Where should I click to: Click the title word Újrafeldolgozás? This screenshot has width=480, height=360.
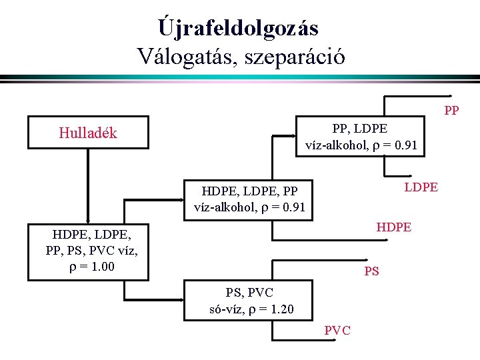[239, 27]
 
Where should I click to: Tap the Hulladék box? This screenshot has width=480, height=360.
[88, 133]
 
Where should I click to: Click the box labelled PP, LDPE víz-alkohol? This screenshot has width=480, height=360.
[360, 137]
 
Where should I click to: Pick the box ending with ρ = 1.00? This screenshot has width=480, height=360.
[88, 251]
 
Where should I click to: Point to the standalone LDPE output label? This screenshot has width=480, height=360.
[421, 187]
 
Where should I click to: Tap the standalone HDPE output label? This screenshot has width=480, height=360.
[393, 228]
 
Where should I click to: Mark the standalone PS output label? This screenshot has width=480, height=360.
[371, 271]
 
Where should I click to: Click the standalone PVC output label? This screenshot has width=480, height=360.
[337, 331]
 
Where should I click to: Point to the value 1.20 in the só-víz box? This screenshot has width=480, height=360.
[279, 310]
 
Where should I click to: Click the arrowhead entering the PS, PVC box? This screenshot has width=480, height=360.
[179, 301]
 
